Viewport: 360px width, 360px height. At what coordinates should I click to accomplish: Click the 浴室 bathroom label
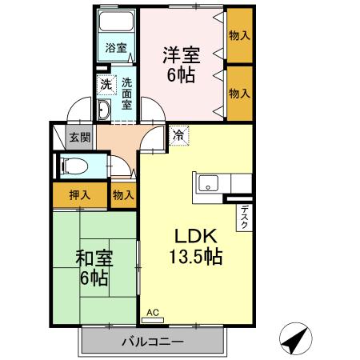coord(116,48)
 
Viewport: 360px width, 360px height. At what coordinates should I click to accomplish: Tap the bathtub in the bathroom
coord(116,21)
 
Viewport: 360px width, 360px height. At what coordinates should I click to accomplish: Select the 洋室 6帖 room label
coord(182,65)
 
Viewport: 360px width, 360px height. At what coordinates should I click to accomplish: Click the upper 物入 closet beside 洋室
coord(239,35)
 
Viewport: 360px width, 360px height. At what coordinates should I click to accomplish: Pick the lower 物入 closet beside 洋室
coord(239,94)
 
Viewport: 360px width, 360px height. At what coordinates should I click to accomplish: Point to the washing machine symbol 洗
coord(106,85)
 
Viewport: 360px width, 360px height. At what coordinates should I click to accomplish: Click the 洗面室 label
coord(127,94)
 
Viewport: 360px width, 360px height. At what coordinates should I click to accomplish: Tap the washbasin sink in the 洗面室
coord(104,110)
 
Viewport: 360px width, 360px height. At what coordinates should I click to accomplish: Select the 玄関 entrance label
coord(80,138)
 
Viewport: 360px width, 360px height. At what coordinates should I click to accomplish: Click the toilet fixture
coord(74,166)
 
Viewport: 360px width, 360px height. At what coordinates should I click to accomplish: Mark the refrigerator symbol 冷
coord(179,136)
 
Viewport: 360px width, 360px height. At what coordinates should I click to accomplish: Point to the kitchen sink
coord(208,183)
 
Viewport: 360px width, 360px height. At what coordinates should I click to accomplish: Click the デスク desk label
coord(244,218)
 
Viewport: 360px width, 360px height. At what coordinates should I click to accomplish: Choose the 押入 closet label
coord(80,195)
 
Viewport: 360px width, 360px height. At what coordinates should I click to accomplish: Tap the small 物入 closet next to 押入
coord(123,195)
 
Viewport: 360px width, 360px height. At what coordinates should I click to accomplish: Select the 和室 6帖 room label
coord(94,268)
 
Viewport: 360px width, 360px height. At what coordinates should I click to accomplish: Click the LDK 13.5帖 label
coord(196,246)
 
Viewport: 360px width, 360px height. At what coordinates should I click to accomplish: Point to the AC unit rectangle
coord(153,320)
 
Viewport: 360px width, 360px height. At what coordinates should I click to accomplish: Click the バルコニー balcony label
coord(153,342)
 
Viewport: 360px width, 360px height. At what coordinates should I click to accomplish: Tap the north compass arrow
coord(296,339)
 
